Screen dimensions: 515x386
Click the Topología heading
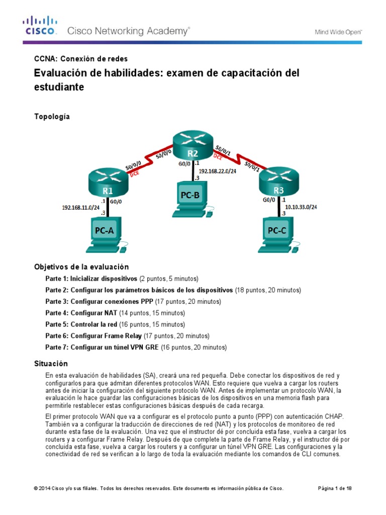[52, 117]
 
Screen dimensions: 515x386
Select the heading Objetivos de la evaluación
[81, 267]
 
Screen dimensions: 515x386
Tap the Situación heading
[51, 363]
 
